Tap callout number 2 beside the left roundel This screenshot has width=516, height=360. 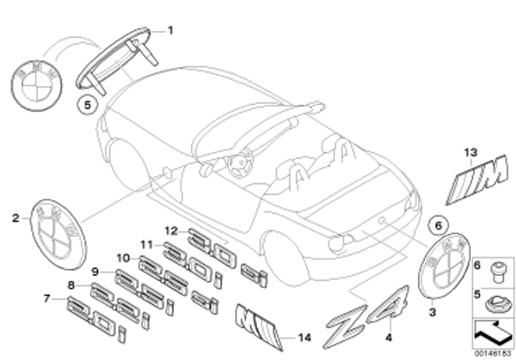coord(15,219)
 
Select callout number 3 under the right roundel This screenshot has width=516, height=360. coord(432,312)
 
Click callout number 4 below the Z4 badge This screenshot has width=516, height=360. coord(388,325)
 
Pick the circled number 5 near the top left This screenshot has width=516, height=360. coord(83,106)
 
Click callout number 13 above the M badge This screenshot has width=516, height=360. coord(469,152)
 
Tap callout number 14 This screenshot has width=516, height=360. coord(301,337)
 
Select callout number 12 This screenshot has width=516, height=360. coord(170,230)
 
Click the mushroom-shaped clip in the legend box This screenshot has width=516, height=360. coord(496,270)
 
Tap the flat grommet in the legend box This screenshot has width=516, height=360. coord(497,301)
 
